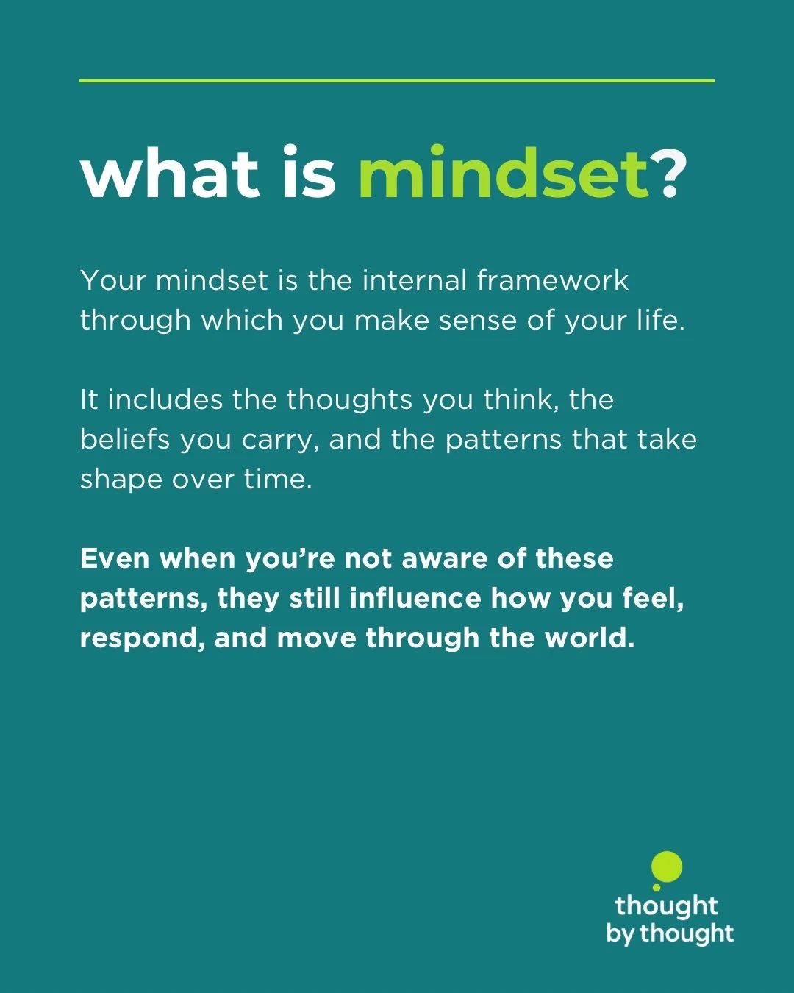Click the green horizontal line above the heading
point(397,80)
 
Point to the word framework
point(552,281)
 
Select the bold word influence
point(415,598)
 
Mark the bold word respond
point(142,638)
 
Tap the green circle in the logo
point(668,867)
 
